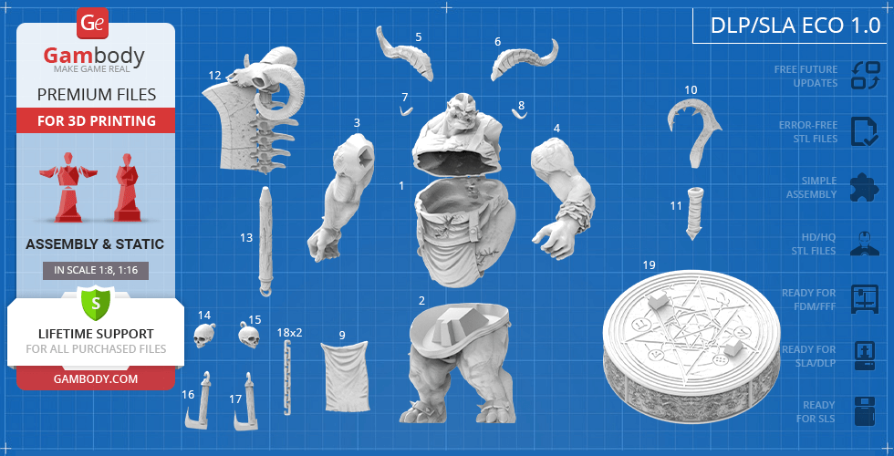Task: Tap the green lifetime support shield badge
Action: pos(95,301)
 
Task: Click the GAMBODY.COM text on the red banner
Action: pos(95,378)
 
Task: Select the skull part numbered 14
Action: pos(204,336)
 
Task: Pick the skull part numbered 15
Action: pos(245,335)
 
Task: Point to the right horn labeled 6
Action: pos(523,64)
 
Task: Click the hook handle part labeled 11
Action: pos(695,212)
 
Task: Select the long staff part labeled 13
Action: pos(265,242)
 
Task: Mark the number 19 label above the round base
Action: pos(649,265)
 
